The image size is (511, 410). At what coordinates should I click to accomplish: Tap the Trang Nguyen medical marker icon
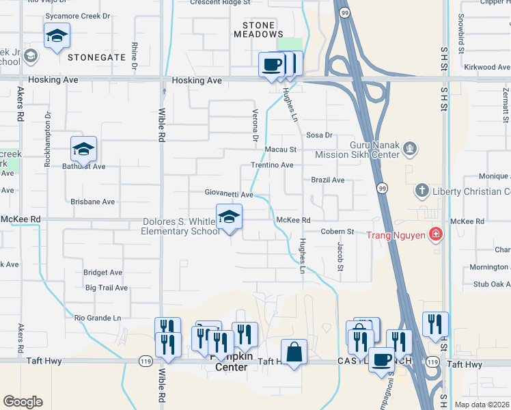(435, 236)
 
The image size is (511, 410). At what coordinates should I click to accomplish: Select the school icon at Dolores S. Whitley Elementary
(230, 218)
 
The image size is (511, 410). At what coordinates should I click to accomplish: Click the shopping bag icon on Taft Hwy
(294, 353)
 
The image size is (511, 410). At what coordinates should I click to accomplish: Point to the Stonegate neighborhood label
(96, 58)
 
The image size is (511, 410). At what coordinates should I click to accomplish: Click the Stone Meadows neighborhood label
(258, 29)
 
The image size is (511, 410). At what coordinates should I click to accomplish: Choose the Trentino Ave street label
(272, 165)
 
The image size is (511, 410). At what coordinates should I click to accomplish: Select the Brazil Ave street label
(328, 180)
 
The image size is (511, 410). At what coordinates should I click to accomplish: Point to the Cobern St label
(338, 232)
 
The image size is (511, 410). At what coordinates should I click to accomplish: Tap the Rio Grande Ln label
(98, 318)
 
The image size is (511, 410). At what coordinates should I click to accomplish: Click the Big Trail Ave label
(107, 288)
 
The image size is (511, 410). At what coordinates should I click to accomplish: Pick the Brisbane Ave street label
(93, 202)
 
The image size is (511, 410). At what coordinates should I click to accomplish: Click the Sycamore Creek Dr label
(77, 15)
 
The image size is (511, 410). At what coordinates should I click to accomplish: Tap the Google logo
(23, 402)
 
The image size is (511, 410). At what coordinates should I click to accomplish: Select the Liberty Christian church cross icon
(423, 191)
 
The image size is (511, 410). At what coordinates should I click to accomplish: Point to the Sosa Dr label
(319, 135)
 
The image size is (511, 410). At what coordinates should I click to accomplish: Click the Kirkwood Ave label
(487, 68)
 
